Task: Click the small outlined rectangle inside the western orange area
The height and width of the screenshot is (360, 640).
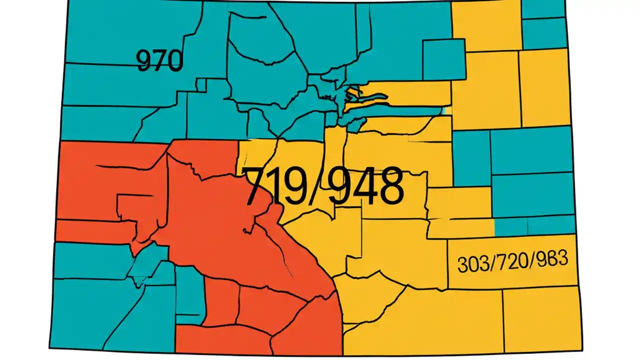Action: point(129,207)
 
